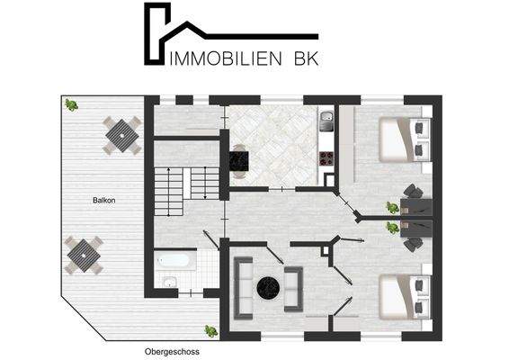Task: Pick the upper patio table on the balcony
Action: pos(121,135)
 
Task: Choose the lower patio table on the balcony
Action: pos(83,255)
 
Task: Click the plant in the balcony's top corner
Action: pos(70,104)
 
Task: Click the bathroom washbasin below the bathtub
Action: pos(170,283)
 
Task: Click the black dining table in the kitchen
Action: pos(240,159)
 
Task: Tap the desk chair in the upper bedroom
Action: pos(413,190)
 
